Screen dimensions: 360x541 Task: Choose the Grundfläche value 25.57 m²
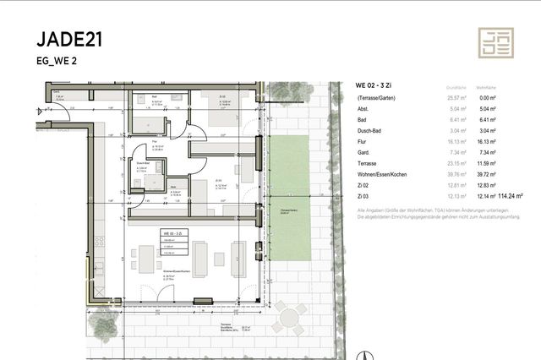456,99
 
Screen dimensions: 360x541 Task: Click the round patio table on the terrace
290,319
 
